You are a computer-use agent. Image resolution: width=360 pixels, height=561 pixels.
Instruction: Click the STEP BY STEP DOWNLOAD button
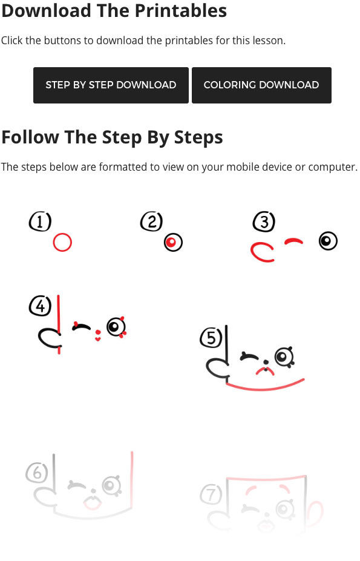click(111, 85)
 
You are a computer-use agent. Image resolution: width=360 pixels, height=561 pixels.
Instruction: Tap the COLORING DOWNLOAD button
click(261, 85)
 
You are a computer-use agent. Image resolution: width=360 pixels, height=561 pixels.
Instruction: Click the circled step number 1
click(40, 221)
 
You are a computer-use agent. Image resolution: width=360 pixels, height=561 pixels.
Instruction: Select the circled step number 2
click(151, 221)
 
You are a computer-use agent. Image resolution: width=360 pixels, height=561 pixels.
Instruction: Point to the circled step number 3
click(264, 221)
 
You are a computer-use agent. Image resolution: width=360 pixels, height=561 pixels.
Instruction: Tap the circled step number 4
click(40, 306)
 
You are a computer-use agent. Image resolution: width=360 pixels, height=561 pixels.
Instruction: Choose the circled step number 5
click(211, 338)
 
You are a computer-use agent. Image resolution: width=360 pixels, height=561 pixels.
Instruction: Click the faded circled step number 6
click(37, 473)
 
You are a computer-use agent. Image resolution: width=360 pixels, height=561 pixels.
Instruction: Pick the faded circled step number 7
click(211, 494)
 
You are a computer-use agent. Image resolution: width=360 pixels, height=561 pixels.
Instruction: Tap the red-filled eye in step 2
click(173, 242)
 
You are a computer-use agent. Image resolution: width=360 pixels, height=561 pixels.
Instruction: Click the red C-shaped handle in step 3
click(252, 252)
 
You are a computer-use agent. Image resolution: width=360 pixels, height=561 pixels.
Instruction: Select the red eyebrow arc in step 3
click(294, 240)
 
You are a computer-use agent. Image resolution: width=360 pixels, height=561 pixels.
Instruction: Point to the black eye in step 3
click(328, 240)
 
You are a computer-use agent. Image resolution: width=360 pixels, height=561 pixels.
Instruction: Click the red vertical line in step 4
click(59, 324)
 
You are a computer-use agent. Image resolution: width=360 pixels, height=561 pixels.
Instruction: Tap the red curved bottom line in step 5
click(265, 388)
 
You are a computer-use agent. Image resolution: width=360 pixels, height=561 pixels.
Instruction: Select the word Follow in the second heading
click(30, 137)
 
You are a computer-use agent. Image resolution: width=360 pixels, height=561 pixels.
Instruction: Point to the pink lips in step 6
click(93, 503)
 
